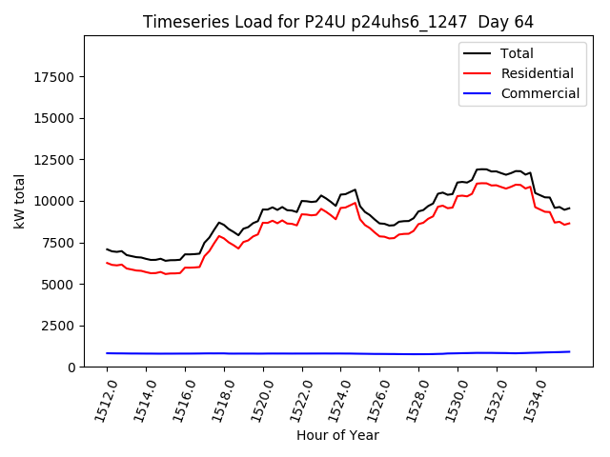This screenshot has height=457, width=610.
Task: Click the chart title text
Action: point(338,22)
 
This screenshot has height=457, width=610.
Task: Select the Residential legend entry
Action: point(537,73)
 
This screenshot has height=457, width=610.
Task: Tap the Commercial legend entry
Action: point(539,93)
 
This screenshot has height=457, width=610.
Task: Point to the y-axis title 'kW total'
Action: point(19,201)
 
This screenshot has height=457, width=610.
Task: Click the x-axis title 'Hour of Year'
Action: point(337,435)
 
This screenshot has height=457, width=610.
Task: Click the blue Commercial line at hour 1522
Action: point(304,353)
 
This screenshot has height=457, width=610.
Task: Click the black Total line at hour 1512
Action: point(107,249)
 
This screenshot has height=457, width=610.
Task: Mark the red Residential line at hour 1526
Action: point(383,236)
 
